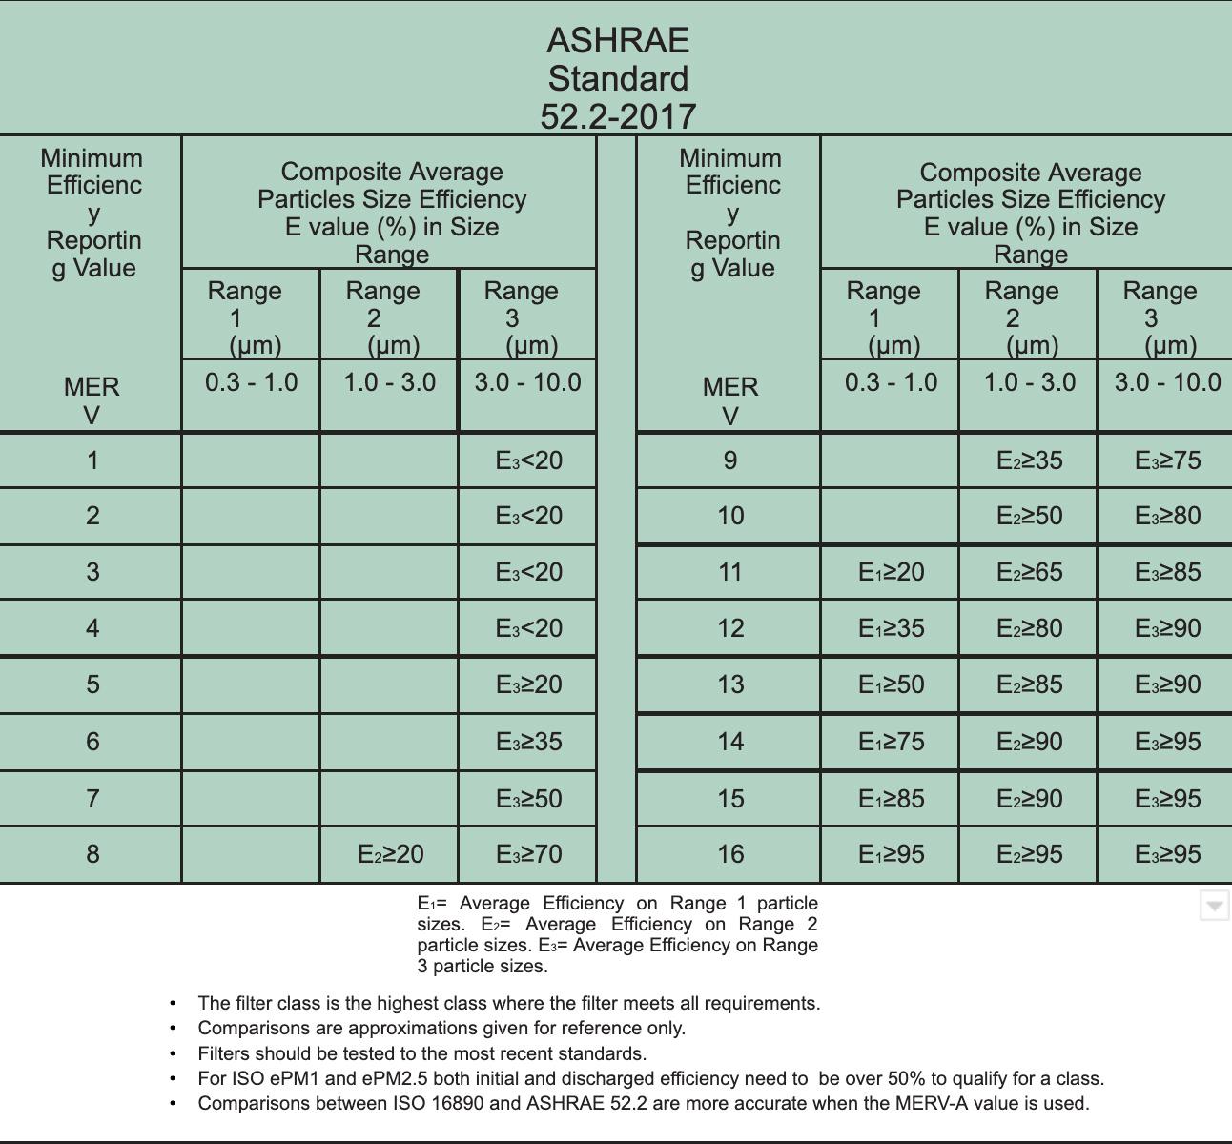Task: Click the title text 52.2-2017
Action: [x=618, y=116]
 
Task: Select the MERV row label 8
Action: [x=92, y=853]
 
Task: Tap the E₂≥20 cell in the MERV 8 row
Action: [x=390, y=854]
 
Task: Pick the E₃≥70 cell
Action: [x=528, y=854]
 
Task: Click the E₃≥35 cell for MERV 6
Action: [x=528, y=742]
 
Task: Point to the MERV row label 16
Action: [x=730, y=853]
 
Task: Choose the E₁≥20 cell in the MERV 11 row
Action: [x=891, y=572]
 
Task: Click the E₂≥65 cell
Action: [x=1029, y=572]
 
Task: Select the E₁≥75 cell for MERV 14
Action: [x=891, y=742]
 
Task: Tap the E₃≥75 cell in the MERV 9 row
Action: [x=1167, y=460]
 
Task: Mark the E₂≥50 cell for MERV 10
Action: [x=1029, y=516]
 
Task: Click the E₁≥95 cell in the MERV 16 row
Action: [x=891, y=854]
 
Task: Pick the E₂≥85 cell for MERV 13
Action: [x=1029, y=684]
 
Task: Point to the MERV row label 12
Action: [x=730, y=628]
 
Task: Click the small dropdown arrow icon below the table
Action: [x=1214, y=906]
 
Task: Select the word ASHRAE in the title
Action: [x=618, y=40]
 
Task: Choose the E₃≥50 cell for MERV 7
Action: [x=528, y=799]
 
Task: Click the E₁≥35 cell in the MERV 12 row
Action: [x=891, y=628]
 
